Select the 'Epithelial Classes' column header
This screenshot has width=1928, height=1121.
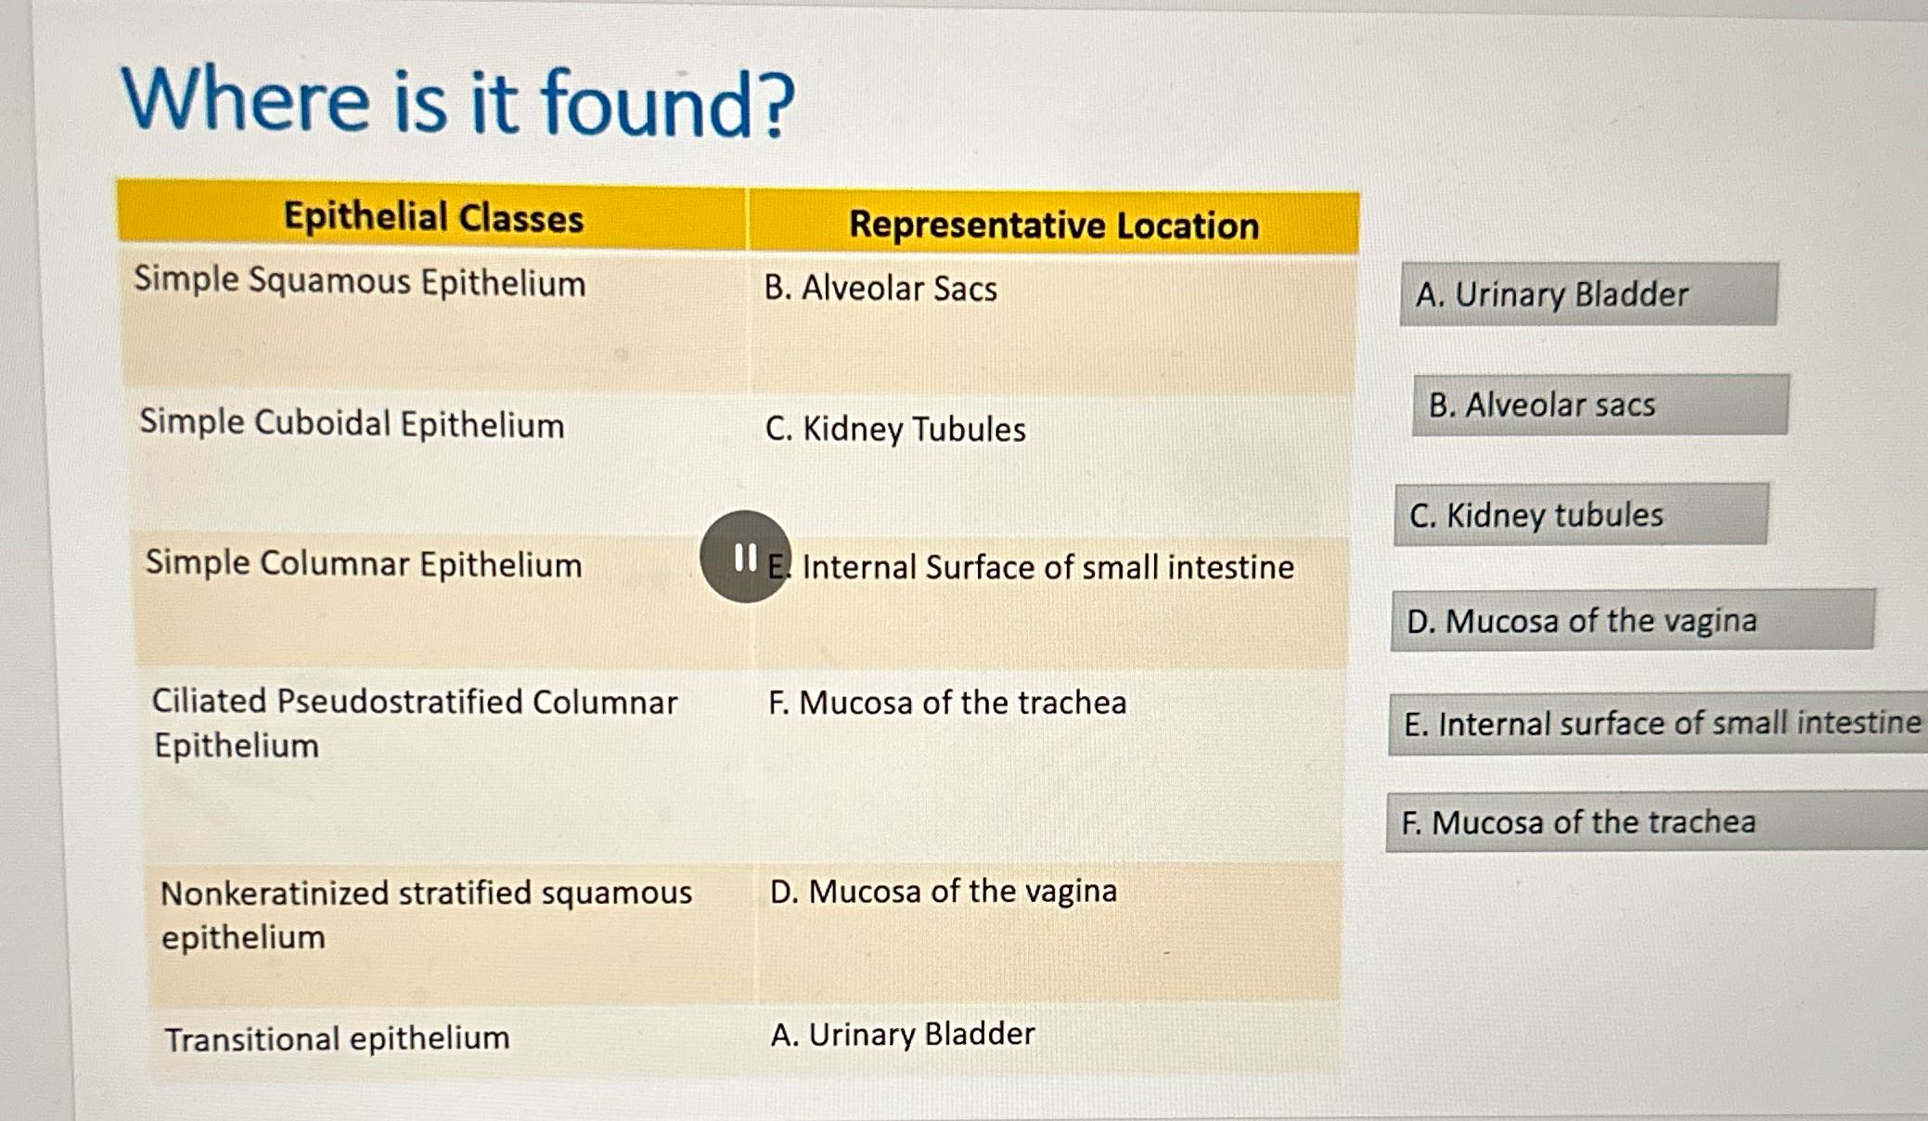433,218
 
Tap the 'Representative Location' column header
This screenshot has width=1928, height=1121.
1053,225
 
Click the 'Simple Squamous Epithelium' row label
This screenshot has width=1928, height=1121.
360,282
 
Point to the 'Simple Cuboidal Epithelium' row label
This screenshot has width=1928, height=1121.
352,424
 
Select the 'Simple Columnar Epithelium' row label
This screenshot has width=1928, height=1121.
364,564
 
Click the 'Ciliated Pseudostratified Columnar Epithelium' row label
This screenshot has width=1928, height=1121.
414,723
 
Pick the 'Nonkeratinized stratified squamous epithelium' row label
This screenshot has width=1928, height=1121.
426,914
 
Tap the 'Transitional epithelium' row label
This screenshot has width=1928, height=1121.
337,1038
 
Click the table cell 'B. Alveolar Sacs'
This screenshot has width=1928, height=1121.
880,289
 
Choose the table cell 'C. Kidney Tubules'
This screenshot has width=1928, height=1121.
895,430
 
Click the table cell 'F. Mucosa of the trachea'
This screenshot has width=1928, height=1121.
947,703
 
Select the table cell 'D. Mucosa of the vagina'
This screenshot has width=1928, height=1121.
943,892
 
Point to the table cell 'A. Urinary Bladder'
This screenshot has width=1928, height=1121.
902,1034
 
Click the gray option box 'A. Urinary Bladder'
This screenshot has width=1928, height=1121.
1588,295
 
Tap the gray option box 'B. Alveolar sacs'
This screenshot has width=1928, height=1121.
1600,406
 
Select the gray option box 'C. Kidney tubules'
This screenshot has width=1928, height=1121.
1581,515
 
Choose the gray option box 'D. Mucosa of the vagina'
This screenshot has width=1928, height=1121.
1632,621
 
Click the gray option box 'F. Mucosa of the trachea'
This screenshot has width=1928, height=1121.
1656,822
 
